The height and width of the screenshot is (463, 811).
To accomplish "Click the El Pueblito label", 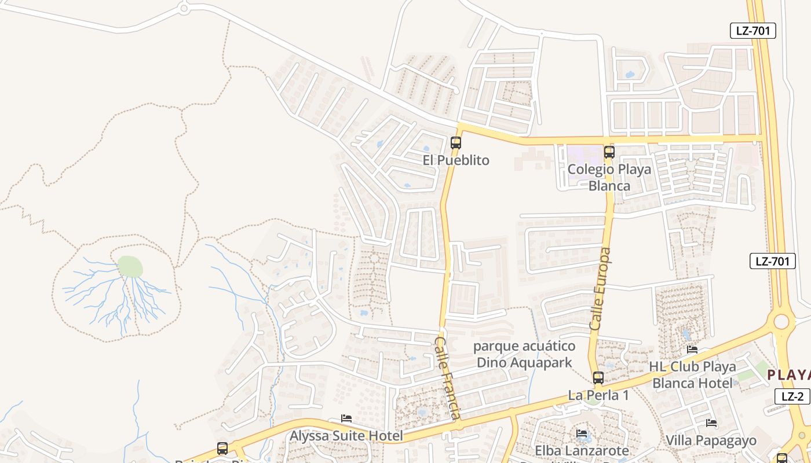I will (x=456, y=160).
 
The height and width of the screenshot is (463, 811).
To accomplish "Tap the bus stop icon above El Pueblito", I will (x=456, y=142).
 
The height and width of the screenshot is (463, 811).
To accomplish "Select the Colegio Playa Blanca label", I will (x=609, y=178).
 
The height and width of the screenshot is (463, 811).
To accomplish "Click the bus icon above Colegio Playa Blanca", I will (x=609, y=152).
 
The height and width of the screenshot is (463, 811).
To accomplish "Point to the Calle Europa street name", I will (x=601, y=289).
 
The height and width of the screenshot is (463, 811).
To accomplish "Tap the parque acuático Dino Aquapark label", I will (x=524, y=354).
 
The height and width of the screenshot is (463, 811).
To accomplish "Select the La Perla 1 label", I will (x=598, y=396).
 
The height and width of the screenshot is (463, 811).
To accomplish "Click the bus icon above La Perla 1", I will (x=598, y=379).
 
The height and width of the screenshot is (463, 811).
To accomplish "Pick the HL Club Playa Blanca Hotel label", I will (x=692, y=374).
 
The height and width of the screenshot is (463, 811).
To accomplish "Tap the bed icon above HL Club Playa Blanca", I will (x=692, y=350).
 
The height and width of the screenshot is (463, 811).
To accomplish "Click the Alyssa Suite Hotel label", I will (x=346, y=436).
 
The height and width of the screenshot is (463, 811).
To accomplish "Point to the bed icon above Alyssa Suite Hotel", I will (x=346, y=418).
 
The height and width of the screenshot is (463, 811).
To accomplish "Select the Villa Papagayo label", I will (x=711, y=440).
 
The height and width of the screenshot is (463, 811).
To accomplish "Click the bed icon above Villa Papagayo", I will (x=711, y=423).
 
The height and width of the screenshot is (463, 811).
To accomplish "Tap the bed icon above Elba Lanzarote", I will (x=582, y=433).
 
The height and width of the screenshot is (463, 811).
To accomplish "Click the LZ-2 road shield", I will (x=792, y=396).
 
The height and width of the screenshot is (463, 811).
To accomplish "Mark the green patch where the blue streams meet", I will (x=130, y=267).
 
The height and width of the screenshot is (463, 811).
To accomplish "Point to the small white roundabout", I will (x=184, y=8).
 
